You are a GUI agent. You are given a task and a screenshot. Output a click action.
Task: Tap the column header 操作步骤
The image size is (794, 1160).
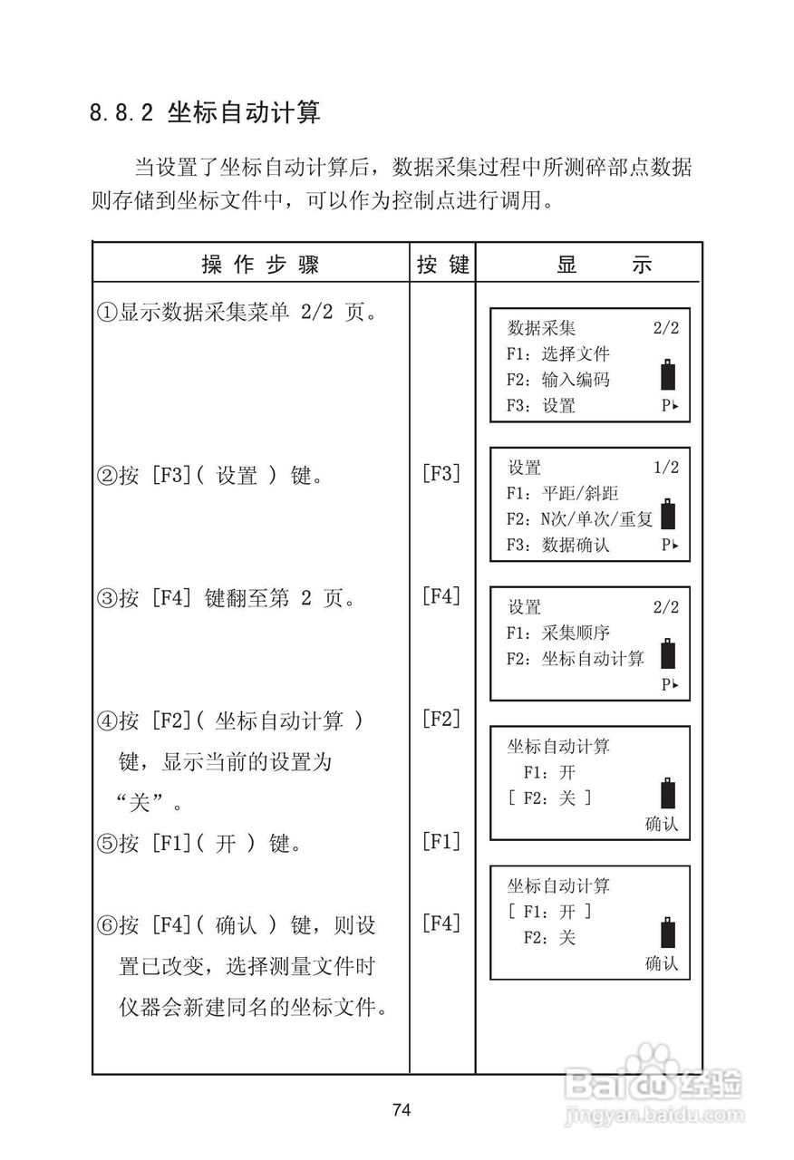[260, 265]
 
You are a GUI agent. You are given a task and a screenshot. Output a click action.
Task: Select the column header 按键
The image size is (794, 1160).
[443, 265]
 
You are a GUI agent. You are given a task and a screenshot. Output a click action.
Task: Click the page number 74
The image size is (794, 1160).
[402, 1110]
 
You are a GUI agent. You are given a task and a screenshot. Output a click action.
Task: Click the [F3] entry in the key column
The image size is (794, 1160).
[441, 473]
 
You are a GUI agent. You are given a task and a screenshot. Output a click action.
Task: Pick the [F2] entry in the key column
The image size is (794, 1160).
[441, 720]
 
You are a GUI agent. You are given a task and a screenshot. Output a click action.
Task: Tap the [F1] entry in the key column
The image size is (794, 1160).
[441, 841]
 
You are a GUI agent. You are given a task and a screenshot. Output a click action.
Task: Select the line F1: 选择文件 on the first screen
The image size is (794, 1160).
[558, 354]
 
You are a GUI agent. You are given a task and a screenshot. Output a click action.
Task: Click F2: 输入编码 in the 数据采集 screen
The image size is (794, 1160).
[558, 380]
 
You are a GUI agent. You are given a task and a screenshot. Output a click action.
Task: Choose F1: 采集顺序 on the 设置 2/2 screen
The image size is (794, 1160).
[558, 633]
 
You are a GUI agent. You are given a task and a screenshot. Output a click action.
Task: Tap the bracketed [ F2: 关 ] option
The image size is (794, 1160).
[549, 798]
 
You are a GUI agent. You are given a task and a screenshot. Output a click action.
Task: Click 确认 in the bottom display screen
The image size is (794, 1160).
[661, 964]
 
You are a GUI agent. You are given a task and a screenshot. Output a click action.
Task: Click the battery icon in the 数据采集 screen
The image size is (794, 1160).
[669, 376]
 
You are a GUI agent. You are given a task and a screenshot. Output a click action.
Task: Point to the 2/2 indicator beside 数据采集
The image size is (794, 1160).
[665, 328]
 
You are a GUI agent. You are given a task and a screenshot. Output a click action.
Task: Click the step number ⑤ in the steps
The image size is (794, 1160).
[107, 845]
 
